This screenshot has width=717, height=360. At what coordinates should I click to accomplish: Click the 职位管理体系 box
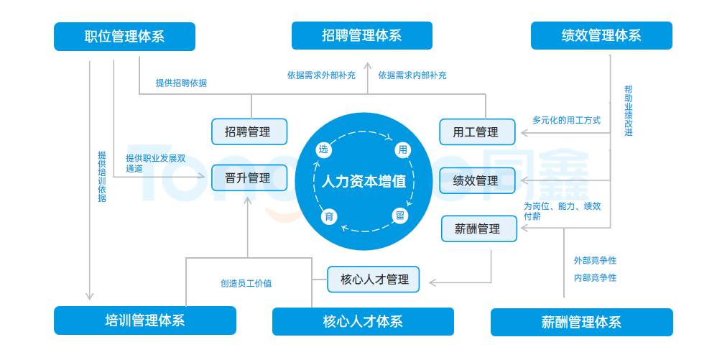124,37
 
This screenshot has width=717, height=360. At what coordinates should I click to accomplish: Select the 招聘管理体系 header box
361,35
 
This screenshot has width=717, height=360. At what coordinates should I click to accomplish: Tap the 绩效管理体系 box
601,35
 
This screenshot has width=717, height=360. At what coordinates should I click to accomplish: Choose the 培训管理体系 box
144,320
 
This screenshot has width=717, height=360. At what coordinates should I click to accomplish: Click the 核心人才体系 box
363,321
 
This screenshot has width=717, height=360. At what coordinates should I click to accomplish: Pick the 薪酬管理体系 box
581,322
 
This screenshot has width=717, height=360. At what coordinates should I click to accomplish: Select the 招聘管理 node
249,131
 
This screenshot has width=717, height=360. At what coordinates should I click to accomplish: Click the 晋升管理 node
249,177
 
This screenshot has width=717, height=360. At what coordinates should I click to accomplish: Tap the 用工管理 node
478,132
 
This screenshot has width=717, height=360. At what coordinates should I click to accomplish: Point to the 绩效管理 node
478,180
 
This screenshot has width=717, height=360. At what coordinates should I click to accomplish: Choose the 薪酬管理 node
478,229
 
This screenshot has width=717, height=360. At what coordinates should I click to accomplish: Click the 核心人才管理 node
373,279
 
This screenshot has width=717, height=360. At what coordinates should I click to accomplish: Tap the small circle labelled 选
323,149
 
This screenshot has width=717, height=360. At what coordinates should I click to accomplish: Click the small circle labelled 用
402,149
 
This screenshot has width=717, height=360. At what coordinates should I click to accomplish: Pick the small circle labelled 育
328,217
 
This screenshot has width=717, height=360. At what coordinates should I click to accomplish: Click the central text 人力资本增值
364,181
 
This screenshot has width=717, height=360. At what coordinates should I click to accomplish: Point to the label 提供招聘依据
181,83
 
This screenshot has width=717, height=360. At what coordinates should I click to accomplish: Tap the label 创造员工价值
246,283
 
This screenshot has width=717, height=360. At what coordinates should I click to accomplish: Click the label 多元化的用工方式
566,120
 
